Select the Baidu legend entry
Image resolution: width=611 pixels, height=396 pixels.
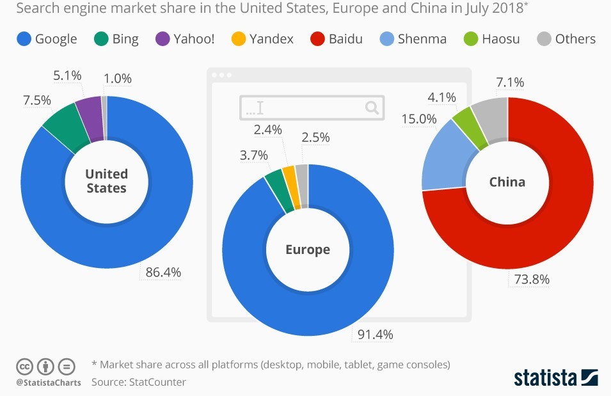pyautogui.click(x=337, y=38)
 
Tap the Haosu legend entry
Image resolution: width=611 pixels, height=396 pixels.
pyautogui.click(x=492, y=38)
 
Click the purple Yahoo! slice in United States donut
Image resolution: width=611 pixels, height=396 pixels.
pyautogui.click(x=90, y=109)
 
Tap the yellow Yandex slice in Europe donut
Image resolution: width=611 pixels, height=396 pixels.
pyautogui.click(x=289, y=178)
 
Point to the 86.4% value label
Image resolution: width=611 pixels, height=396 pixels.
pyautogui.click(x=163, y=273)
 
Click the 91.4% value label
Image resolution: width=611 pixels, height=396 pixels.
pyautogui.click(x=375, y=334)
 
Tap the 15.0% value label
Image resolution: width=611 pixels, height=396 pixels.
pyautogui.click(x=418, y=119)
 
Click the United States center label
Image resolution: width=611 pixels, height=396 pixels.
pyautogui.click(x=106, y=181)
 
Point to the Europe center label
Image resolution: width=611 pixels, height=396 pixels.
pyautogui.click(x=308, y=249)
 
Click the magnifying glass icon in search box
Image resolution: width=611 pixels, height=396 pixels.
pyautogui.click(x=372, y=107)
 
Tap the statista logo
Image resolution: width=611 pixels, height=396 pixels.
pyautogui.click(x=555, y=377)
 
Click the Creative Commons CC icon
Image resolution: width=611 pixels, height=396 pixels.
pyautogui.click(x=24, y=367)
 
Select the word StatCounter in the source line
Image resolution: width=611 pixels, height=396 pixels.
pyautogui.click(x=157, y=382)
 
